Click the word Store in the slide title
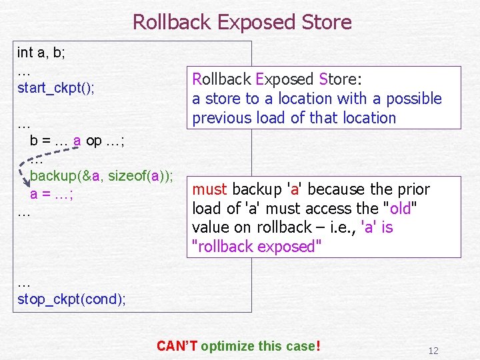point(325,22)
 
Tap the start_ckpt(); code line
point(56,88)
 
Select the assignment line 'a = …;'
point(51,195)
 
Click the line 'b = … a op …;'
point(78,141)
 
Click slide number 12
point(433,351)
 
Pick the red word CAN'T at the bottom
point(177,346)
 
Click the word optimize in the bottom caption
point(227,346)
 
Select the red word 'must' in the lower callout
point(209,189)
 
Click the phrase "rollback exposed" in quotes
point(257,247)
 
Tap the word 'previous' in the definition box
point(222,118)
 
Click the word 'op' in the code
point(94,141)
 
